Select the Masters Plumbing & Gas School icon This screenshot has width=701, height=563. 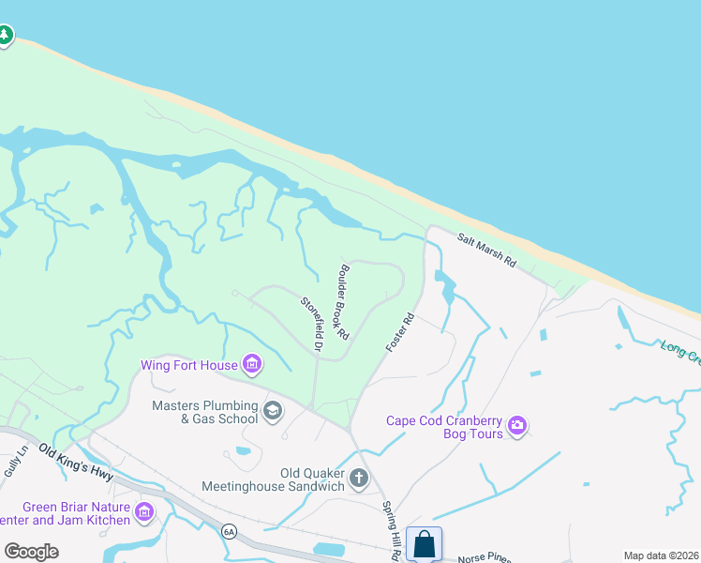click(x=273, y=410)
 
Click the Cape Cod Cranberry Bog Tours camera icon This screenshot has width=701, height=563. click(x=516, y=428)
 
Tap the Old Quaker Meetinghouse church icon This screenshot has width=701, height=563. click(x=358, y=479)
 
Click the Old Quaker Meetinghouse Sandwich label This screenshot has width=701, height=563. click(x=274, y=480)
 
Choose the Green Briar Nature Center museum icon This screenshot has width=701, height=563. click(x=144, y=512)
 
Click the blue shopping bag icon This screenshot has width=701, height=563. click(x=424, y=544)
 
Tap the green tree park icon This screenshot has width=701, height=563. click(x=6, y=36)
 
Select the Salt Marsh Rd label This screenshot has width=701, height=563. click(x=487, y=251)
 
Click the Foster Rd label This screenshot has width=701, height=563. click(x=399, y=333)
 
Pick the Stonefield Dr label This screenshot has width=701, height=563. click(x=312, y=325)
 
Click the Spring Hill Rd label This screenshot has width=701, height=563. click(x=392, y=530)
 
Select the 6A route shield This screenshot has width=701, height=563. click(x=229, y=531)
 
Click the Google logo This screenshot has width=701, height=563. click(x=31, y=552)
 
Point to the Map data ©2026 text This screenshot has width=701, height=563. click(x=661, y=555)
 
